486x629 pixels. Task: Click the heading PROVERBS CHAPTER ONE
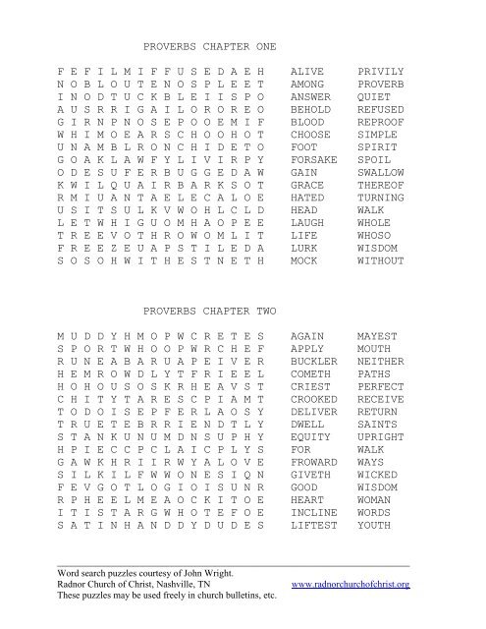(x=210, y=46)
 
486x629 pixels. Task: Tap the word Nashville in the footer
(x=188, y=586)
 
